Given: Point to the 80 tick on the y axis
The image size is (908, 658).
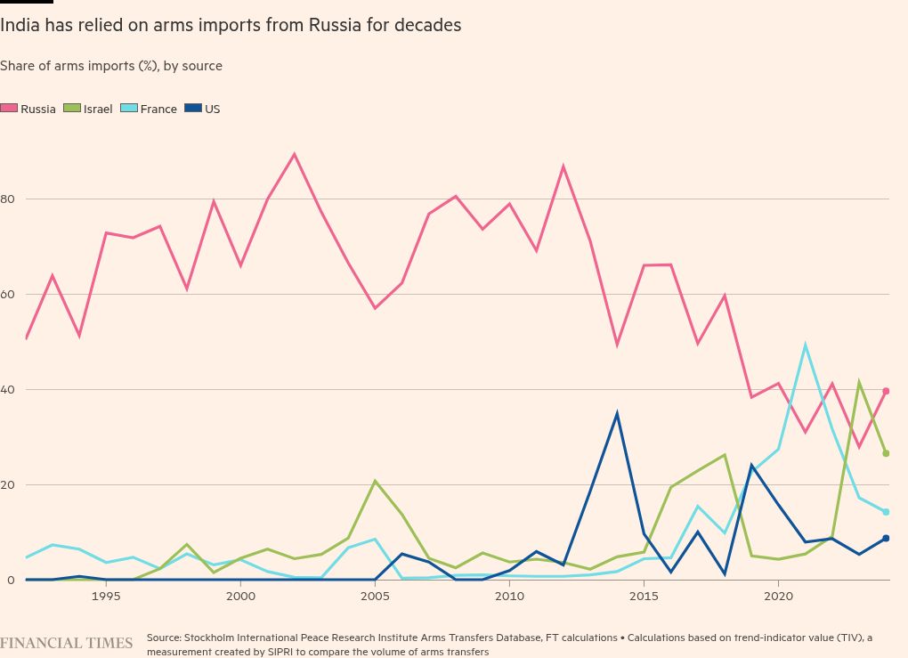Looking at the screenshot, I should (x=7, y=199).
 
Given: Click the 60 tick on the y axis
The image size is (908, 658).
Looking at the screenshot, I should (x=7, y=294).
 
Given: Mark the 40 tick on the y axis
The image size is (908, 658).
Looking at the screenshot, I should (x=7, y=389).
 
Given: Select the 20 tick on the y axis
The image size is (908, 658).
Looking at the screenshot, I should (x=7, y=484).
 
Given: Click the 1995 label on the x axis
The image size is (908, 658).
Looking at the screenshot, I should (x=106, y=595).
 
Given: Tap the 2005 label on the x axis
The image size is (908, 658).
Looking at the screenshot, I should (x=375, y=595).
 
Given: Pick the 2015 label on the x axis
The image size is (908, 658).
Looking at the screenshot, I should (x=644, y=595).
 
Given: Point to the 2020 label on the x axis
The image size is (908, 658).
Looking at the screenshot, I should (x=778, y=595).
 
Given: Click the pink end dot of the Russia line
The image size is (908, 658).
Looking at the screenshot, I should (x=886, y=391).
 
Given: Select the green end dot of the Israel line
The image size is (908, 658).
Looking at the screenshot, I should (x=886, y=453).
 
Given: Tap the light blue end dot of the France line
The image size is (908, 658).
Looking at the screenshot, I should (x=886, y=512).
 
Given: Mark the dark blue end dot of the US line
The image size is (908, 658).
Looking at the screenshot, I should (x=886, y=538).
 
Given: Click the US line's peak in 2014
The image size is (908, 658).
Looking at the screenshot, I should (x=617, y=413).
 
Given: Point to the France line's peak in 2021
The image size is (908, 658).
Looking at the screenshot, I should (x=805, y=345).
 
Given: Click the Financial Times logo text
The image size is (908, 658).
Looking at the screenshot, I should (x=67, y=643).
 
